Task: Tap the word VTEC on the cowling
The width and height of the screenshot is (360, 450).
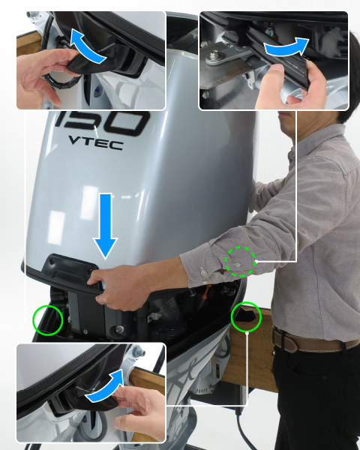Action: point(96,143)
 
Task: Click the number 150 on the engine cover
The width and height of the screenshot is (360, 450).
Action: point(102,122)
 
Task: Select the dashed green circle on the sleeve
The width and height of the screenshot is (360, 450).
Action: point(241,262)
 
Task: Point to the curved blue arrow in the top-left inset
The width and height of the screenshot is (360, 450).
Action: point(86,49)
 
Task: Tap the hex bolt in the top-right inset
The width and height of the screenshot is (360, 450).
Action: point(213,55)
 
